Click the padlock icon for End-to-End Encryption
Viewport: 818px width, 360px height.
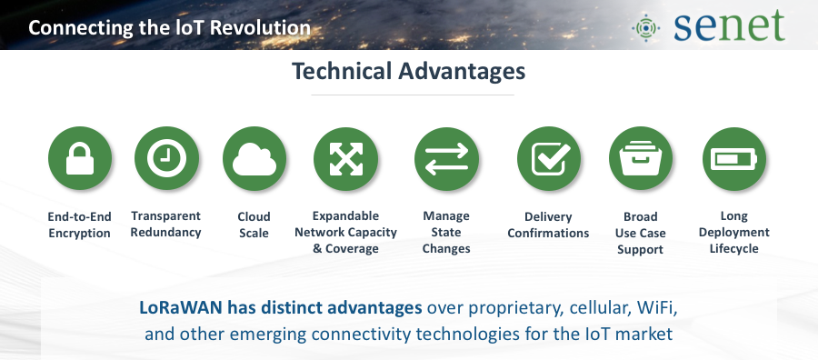(x=80, y=158)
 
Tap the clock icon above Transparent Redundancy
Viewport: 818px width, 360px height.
(x=166, y=158)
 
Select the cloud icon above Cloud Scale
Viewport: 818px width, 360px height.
(x=254, y=158)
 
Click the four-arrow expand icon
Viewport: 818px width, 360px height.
(x=346, y=158)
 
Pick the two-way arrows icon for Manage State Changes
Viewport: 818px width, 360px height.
(x=446, y=158)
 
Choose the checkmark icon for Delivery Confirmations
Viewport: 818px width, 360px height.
(x=549, y=158)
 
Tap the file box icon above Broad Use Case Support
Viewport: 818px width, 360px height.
(x=641, y=158)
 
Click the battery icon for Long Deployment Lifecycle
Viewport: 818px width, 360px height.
(x=734, y=158)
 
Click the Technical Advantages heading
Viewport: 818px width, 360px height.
(x=408, y=72)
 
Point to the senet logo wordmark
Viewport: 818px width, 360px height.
(x=729, y=25)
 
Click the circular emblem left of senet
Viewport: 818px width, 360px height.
(x=646, y=27)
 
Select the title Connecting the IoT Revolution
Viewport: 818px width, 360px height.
(x=170, y=27)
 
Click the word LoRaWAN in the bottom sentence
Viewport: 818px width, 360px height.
(x=181, y=308)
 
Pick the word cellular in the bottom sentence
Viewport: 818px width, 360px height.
(x=597, y=308)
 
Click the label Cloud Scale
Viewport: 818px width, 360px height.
(x=254, y=225)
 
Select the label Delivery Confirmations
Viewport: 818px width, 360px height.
(x=548, y=225)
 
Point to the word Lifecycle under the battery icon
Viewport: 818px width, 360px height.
(x=734, y=249)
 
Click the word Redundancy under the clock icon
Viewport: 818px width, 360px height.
(x=166, y=233)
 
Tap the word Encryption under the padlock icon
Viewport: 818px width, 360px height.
(x=79, y=234)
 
